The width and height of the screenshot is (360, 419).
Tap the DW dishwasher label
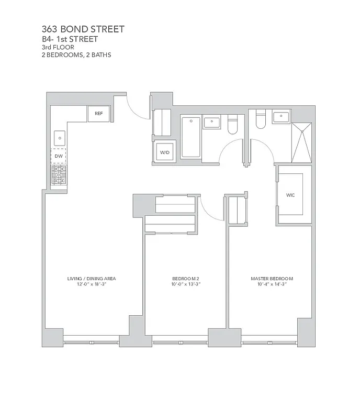coord(59,156)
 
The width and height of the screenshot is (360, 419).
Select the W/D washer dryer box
coord(164,152)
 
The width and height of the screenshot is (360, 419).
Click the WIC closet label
coord(290,194)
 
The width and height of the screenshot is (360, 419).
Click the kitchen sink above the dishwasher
coord(59,138)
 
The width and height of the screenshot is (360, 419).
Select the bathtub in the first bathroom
coord(190,137)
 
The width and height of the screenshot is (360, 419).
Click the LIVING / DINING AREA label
coord(92,278)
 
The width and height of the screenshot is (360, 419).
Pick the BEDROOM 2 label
coord(186,278)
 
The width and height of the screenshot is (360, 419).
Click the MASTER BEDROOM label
coord(272,278)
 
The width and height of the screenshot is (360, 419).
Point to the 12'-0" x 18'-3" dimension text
coord(92,284)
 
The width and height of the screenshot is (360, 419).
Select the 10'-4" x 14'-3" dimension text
coord(272,284)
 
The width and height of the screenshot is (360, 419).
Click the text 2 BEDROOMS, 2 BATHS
coord(76,54)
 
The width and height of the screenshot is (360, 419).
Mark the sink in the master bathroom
coord(282,116)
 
